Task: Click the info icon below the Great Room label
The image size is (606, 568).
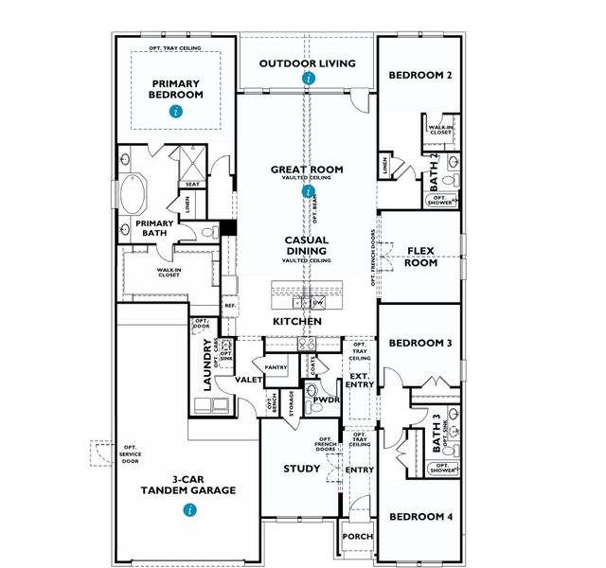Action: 308,190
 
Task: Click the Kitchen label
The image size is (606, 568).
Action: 297,322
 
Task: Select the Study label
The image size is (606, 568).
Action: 302,469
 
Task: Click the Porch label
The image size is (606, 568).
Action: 358,537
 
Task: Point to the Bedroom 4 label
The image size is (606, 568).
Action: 420,517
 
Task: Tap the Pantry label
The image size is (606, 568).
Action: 276,366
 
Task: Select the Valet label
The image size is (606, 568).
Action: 249,380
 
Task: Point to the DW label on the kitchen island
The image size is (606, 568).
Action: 317,303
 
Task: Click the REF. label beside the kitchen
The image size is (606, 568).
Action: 229,306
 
